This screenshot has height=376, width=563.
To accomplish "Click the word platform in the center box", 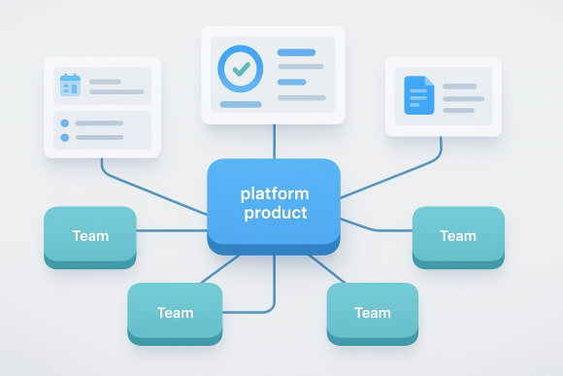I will point(274,194).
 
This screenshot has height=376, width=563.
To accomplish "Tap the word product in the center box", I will point(274,213).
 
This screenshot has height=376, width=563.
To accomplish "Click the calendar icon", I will point(70,85).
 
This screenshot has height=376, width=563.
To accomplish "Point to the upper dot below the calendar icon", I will point(65,123).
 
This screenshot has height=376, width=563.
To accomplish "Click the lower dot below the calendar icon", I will point(65,138).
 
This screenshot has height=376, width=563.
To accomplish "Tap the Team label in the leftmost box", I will point(90,235).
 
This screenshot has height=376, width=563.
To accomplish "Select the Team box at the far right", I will point(458,236).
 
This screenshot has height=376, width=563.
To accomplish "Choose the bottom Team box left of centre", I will point(175,313).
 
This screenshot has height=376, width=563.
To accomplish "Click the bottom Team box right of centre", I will point(373,313).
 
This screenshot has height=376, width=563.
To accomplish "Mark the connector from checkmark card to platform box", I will point(274,142).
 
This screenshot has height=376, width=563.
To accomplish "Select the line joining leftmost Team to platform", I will point(172,230).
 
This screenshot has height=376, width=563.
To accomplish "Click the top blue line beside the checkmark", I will point(296,52).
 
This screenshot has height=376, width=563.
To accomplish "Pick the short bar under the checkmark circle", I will point(240,104).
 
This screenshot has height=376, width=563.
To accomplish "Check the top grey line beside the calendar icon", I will point(106,82).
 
